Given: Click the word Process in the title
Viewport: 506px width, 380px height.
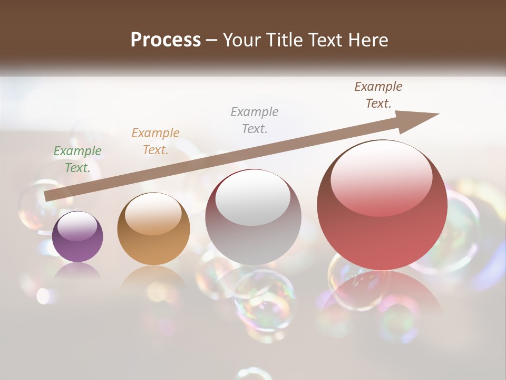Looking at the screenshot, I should pyautogui.click(x=166, y=40).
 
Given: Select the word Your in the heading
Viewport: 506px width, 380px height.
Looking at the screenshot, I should pyautogui.click(x=242, y=40).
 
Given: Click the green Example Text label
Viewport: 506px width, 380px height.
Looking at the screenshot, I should pyautogui.click(x=77, y=159).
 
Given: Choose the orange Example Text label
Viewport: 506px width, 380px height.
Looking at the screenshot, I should pyautogui.click(x=155, y=141).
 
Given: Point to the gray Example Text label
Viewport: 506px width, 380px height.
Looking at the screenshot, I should pyautogui.click(x=255, y=120).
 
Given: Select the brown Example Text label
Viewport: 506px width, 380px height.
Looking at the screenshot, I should pyautogui.click(x=378, y=95).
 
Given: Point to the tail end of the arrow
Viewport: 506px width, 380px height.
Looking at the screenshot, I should pyautogui.click(x=48, y=196).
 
